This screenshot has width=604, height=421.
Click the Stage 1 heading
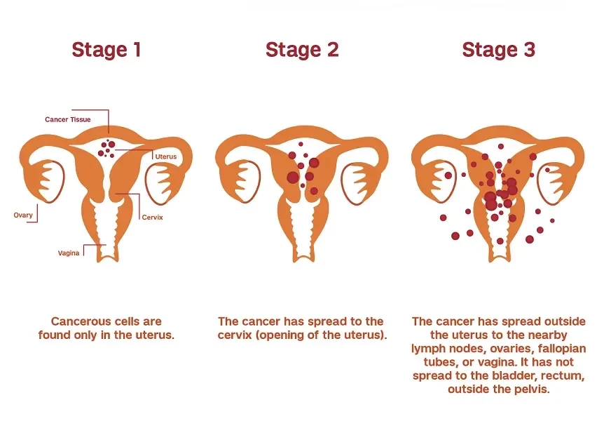(106, 50)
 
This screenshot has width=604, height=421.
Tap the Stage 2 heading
(301, 50)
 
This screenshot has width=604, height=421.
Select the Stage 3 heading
(497, 50)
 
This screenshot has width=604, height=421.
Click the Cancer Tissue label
(67, 120)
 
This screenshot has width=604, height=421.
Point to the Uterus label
(166, 156)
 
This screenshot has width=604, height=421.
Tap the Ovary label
(23, 215)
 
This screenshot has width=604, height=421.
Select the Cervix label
(152, 218)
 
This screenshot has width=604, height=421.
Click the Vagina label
(69, 253)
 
